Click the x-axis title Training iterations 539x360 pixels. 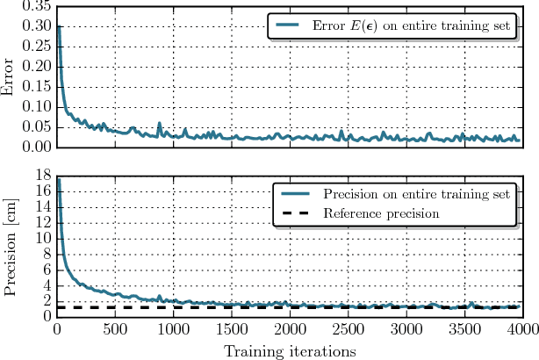(289, 350)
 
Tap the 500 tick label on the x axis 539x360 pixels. (115, 330)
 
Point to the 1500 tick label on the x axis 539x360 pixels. (232, 330)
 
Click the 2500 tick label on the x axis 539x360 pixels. (349, 330)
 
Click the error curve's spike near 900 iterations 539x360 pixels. (160, 124)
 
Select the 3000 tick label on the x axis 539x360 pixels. (406, 330)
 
